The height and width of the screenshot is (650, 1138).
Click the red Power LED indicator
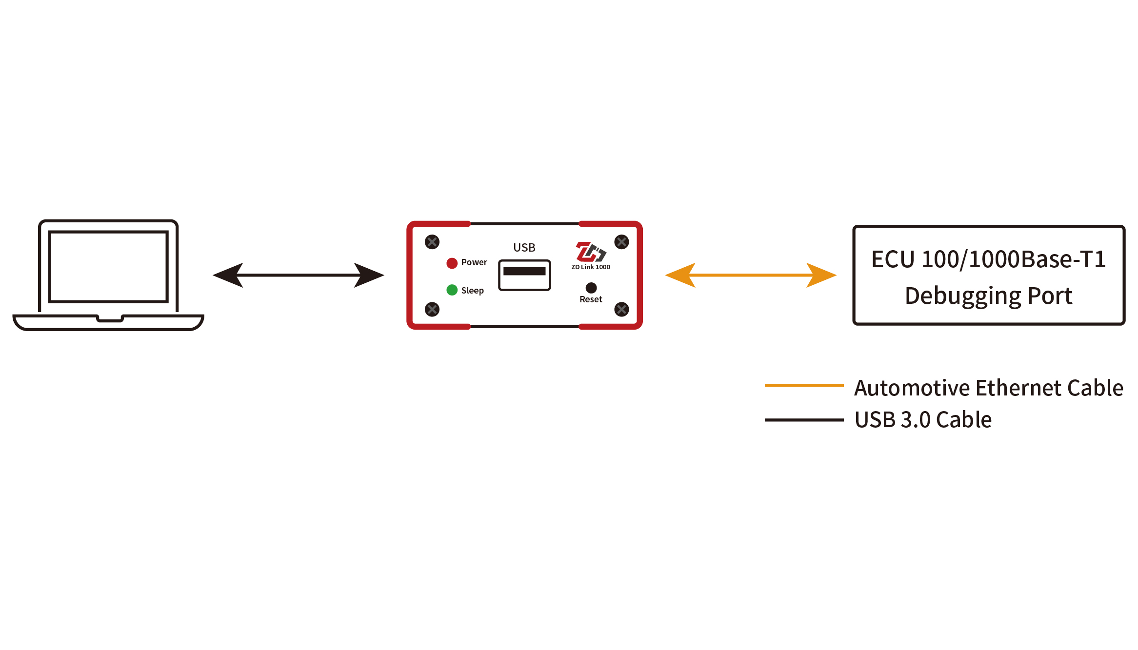[452, 263]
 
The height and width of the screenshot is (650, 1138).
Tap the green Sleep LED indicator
[452, 290]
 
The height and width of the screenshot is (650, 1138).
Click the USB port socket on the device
[524, 275]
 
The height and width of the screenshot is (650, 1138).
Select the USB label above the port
[524, 248]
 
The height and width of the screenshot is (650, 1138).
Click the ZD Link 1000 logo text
[591, 267]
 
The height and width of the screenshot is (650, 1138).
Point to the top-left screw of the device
[432, 242]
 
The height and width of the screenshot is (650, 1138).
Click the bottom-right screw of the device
[621, 309]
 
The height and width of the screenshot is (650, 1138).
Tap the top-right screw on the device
[621, 242]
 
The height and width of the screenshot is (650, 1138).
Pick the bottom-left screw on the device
[432, 309]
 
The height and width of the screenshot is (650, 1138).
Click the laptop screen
[108, 267]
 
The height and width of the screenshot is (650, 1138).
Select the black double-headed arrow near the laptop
[299, 275]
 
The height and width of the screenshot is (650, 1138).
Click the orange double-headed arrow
[751, 275]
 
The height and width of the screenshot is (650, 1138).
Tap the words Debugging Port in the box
[989, 296]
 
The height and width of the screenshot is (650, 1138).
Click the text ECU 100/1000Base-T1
[989, 259]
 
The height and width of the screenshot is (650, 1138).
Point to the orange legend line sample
[804, 385]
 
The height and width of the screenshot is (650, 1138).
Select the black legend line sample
[804, 420]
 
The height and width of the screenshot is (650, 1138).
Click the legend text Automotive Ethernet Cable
[989, 388]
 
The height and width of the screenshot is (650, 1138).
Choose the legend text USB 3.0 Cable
[923, 420]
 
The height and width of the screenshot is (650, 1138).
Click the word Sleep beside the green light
[472, 291]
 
